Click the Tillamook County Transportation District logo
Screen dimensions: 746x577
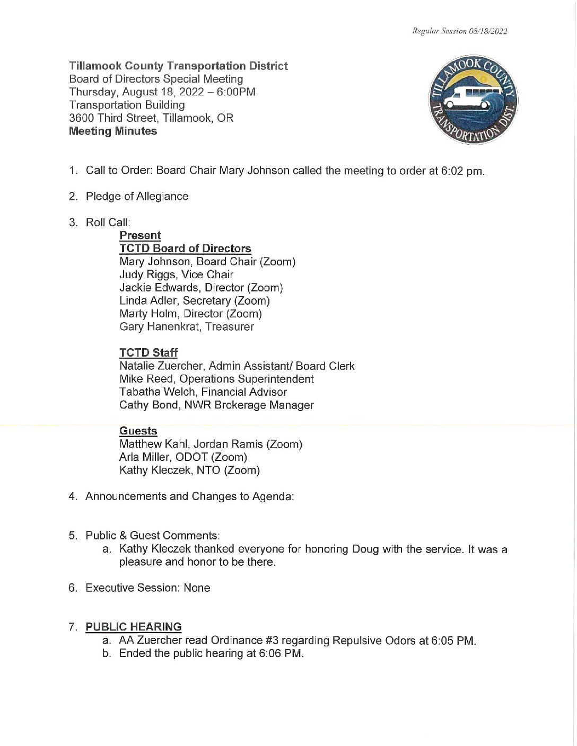(x=473, y=100)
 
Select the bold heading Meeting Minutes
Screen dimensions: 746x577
(x=113, y=131)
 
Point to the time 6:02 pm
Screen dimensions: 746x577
(x=462, y=171)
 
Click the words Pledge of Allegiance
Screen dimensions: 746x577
(x=137, y=197)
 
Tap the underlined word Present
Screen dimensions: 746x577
(x=140, y=236)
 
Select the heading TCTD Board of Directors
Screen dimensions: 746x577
(x=185, y=248)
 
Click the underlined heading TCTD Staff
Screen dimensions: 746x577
(x=148, y=353)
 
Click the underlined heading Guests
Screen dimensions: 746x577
(x=138, y=431)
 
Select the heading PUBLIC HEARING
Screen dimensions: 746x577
(x=134, y=627)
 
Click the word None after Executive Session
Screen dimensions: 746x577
(x=197, y=588)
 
